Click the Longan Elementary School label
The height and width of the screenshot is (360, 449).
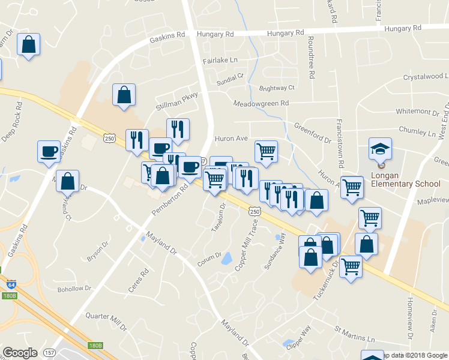[x=406, y=184]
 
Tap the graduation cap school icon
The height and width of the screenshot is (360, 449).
[x=379, y=148]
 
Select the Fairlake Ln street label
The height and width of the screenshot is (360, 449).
[x=220, y=61]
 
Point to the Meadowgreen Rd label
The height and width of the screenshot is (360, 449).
[x=261, y=103]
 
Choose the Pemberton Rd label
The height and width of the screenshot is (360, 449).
[x=170, y=200]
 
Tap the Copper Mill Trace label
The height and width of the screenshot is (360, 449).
[x=247, y=244]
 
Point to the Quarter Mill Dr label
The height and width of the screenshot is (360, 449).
[x=106, y=320]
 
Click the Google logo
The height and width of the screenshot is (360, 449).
[x=20, y=353]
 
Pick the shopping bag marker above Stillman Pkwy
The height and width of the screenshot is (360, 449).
[x=123, y=94]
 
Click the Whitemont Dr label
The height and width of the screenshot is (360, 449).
[x=418, y=112]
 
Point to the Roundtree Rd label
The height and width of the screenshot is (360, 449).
[x=311, y=57]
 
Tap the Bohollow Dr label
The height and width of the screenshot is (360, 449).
[x=74, y=289]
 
